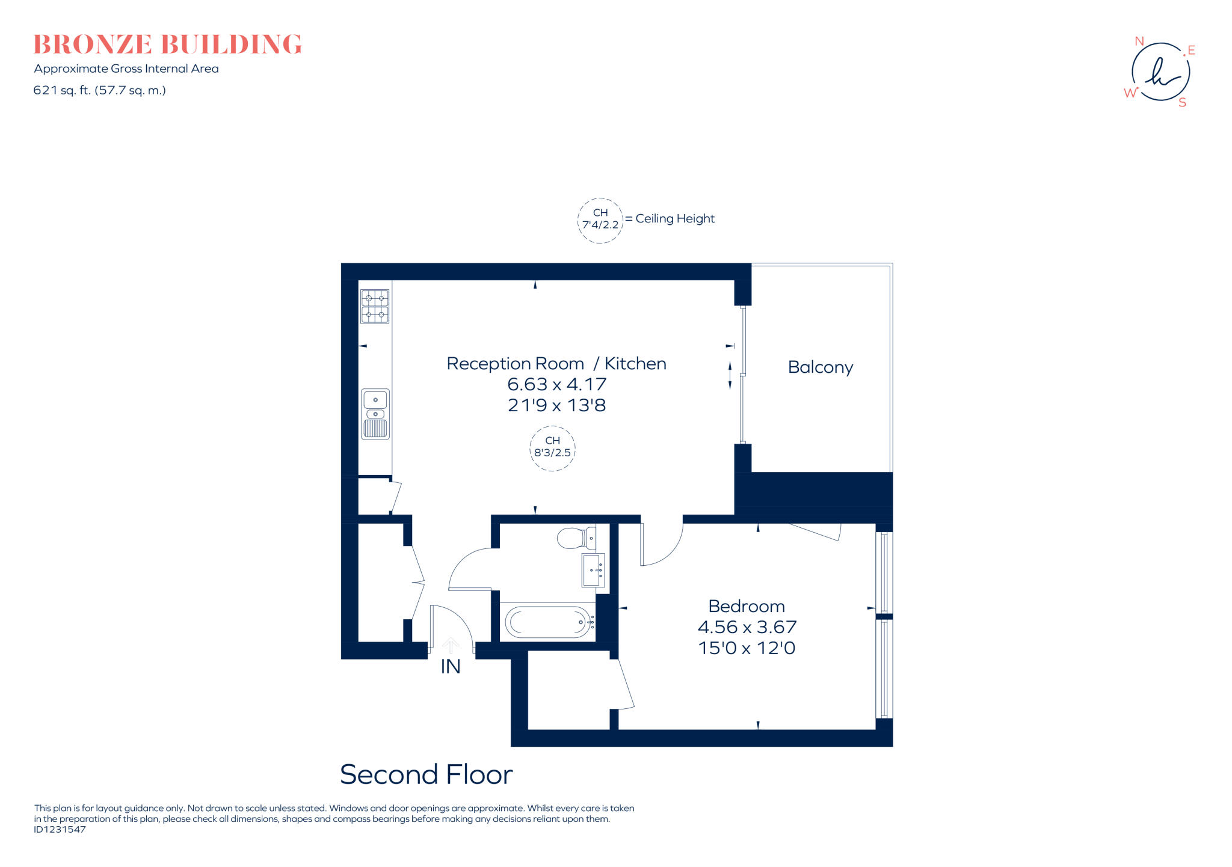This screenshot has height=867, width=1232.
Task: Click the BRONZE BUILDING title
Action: pos(167,44)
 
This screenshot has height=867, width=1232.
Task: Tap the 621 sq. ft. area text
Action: pos(99,90)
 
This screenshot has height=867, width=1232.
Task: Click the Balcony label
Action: pos(820,367)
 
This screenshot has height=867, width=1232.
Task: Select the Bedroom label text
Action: pos(746,606)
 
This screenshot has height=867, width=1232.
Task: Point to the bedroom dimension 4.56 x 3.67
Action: pos(747,627)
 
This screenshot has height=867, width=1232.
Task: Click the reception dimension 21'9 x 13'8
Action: pos(556,405)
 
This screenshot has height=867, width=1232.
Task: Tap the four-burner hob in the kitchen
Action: pos(375,306)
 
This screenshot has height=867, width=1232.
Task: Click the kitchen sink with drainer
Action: pos(375,414)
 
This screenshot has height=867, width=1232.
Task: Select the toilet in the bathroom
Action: pos(576,538)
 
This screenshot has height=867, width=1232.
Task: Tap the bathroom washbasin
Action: pos(593,569)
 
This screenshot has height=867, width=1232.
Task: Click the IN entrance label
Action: pos(450,667)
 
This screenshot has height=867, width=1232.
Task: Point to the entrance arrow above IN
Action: pos(451,645)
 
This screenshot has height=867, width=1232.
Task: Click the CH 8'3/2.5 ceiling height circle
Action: pos(552,448)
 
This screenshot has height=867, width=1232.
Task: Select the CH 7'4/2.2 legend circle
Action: pos(600,220)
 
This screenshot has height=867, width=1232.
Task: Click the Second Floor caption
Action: pos(426,774)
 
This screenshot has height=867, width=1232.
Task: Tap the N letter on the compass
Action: pos(1139,41)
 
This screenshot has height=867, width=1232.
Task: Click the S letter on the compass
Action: pos(1182,103)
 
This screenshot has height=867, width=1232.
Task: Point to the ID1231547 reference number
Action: pos(60,830)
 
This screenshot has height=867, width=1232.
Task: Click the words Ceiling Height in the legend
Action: pos(675,219)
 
